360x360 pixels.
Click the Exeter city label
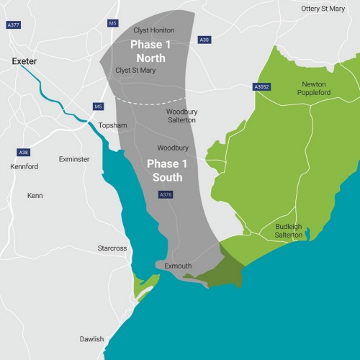pyautogui.click(x=24, y=62)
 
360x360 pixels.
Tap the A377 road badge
pyautogui.click(x=13, y=44)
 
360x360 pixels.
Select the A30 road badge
pyautogui.click(x=204, y=40)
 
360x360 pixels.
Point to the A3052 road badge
pyautogui.click(x=262, y=86)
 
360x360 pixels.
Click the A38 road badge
pyautogui.click(x=24, y=153)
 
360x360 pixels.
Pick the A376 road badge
pyautogui.click(x=165, y=194)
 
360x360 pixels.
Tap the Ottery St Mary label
pyautogui.click(x=323, y=8)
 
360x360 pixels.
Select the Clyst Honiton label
pyautogui.click(x=154, y=30)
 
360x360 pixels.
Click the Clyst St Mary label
pyautogui.click(x=135, y=71)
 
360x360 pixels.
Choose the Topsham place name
pyautogui.click(x=112, y=125)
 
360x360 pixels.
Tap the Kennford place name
pyautogui.click(x=24, y=166)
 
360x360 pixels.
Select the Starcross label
pyautogui.click(x=112, y=248)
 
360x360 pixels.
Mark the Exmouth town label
pyautogui.click(x=178, y=266)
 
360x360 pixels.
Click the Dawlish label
pyautogui.click(x=91, y=339)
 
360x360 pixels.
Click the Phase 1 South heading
pyautogui.click(x=165, y=170)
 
